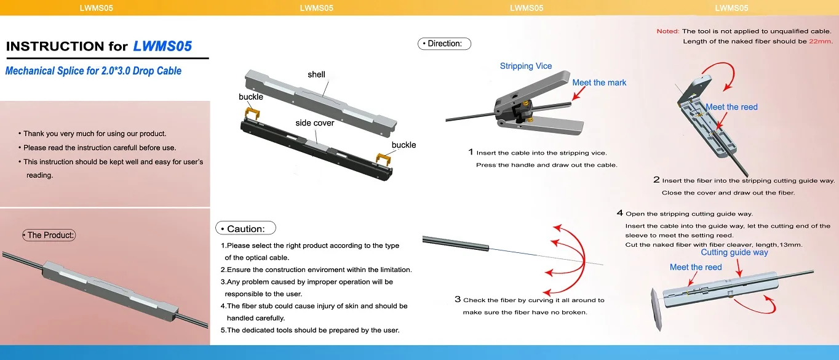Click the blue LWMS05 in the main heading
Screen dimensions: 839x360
point(162,46)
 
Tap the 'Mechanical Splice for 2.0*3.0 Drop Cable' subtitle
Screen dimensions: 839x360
point(93,71)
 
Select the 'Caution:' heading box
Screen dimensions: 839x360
point(245,228)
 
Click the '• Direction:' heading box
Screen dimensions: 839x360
point(444,44)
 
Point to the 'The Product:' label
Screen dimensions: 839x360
point(49,235)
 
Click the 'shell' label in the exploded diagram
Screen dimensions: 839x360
point(316,74)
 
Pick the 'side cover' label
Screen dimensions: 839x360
point(314,122)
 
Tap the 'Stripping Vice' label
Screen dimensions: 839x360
point(526,66)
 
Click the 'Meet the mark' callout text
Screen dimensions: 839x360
point(599,82)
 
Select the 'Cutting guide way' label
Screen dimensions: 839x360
point(734,252)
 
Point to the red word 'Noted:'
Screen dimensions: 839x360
point(667,31)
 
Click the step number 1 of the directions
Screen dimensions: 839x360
point(471,152)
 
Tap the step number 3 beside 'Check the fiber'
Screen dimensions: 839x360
point(458,300)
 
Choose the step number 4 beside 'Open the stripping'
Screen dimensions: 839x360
point(620,214)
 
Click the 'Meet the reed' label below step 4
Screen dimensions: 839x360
point(696,267)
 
